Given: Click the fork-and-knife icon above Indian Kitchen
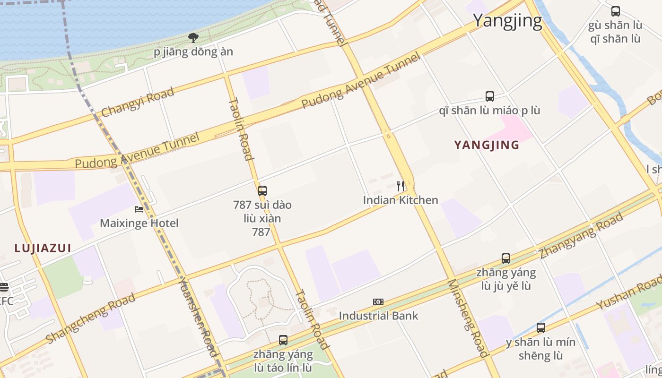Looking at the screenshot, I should point(401,186).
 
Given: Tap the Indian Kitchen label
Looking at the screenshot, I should point(401,200).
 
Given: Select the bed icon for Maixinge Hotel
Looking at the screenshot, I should point(139,209).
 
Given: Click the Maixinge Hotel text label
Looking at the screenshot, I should point(139,223).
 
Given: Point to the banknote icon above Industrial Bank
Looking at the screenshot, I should point(378,302).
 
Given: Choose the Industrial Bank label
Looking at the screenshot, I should point(378,316).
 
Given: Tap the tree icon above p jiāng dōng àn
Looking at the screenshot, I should point(193,37).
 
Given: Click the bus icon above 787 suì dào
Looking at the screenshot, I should point(262,191).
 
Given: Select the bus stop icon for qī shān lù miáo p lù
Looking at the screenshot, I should point(490,96).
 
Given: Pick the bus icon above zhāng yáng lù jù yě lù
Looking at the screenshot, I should point(506,258).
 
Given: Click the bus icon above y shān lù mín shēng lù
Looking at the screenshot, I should point(541,327).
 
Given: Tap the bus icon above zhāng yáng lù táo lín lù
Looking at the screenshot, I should point(283,340).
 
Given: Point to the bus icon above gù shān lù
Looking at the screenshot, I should point(616,11).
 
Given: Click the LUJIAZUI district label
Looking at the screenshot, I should point(43,248).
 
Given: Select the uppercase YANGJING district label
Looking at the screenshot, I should point(487,145).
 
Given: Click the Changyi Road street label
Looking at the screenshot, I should point(138,103).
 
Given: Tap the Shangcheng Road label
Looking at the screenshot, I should point(90,318).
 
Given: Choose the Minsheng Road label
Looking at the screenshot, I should point(467,318).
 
